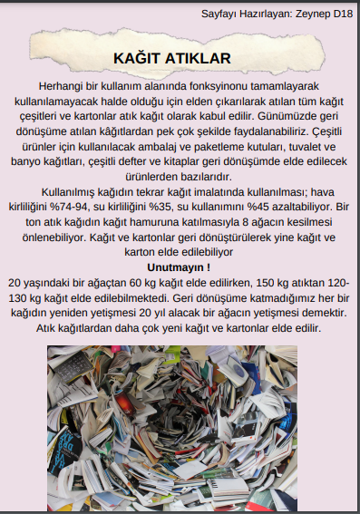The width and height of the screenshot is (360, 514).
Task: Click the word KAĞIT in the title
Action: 137,58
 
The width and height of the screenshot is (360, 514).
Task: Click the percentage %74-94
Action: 88,206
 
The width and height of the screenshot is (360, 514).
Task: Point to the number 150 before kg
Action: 238,282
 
